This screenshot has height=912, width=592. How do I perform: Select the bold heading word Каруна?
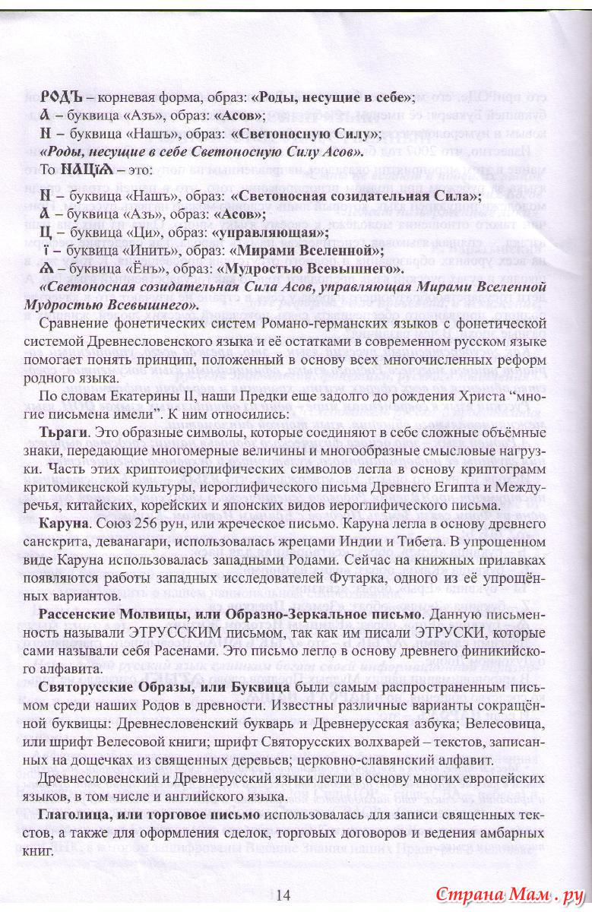[66, 525]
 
